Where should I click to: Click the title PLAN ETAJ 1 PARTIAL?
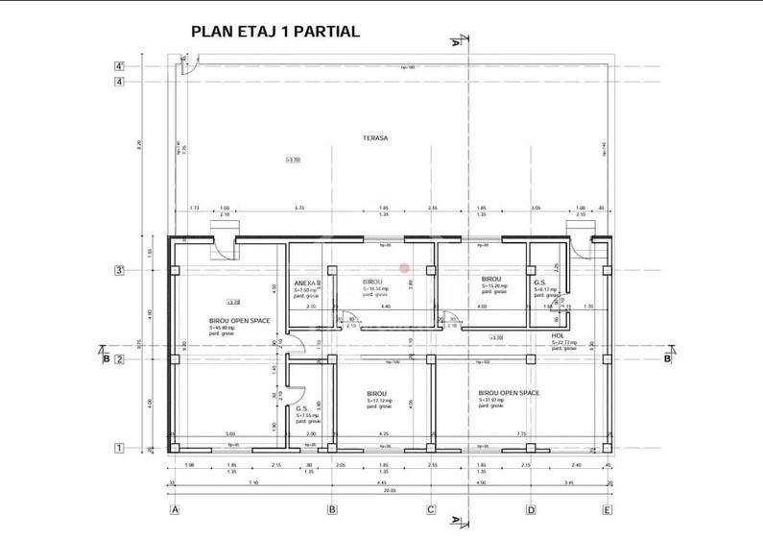pos(275,31)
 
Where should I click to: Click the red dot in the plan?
pos(404,268)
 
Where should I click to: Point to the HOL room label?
pos(558,336)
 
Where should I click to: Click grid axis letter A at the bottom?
pos(175,509)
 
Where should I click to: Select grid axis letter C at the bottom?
pos(431,509)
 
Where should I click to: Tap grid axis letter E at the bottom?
pos(607,509)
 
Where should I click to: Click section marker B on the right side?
pos(666,359)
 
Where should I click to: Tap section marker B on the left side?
pos(106,359)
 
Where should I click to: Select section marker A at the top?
pos(455,42)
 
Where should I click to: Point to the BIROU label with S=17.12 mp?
pos(376,394)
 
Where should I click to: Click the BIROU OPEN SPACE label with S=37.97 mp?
pos(509,393)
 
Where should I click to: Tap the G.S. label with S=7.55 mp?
pos(301,408)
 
